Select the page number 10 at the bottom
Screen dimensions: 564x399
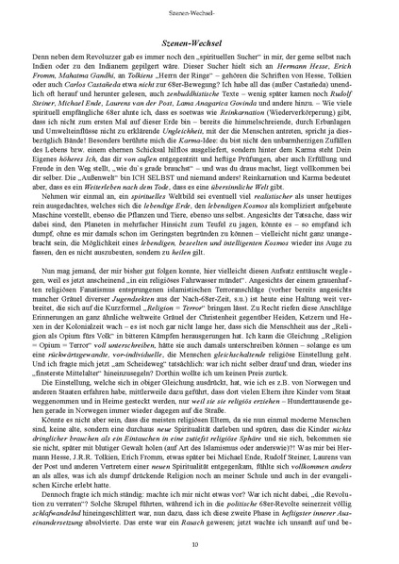pos(199,545)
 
